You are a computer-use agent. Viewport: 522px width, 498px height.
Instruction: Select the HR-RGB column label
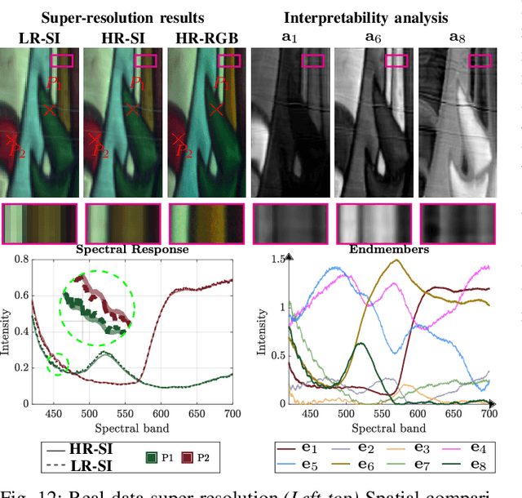tap(206, 38)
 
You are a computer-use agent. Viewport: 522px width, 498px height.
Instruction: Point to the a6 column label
tap(374, 38)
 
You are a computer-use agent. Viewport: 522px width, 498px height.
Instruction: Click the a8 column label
tap(457, 38)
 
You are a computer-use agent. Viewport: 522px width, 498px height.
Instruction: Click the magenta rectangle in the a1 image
tap(312, 60)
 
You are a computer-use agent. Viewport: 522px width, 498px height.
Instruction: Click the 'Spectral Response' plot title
tap(132, 249)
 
